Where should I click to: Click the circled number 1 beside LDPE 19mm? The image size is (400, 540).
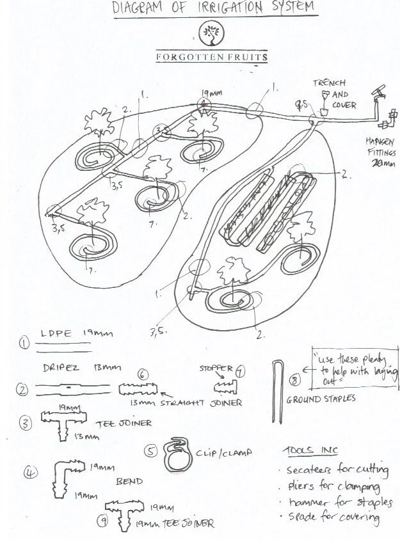[24, 342]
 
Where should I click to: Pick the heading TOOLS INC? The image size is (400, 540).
[305, 450]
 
